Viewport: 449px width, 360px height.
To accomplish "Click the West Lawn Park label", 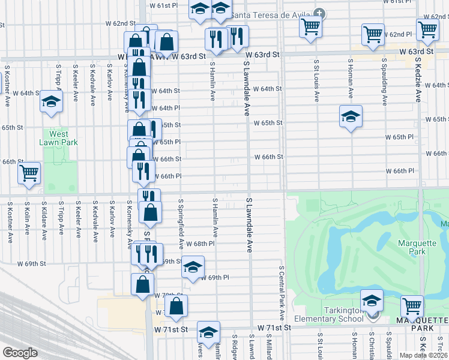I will [59, 138].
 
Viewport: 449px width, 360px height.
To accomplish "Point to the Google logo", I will [20, 353].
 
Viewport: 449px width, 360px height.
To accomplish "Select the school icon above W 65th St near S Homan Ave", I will [351, 117].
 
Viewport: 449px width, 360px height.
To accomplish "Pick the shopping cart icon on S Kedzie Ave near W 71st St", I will [412, 306].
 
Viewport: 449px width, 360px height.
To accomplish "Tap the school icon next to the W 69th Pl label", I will [193, 268].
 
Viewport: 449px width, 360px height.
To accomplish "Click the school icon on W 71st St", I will [208, 333].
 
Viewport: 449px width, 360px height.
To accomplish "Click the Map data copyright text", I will [424, 355].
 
